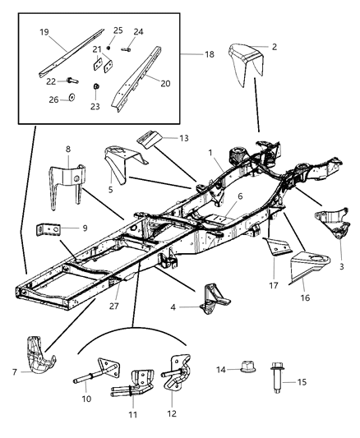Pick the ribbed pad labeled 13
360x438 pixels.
(150, 137)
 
